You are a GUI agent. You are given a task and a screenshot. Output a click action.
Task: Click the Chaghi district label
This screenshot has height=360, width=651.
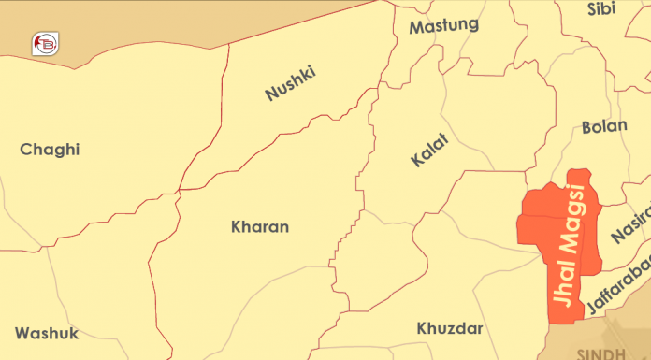pyautogui.click(x=50, y=150)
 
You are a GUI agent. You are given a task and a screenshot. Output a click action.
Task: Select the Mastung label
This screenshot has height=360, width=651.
pyautogui.click(x=443, y=25)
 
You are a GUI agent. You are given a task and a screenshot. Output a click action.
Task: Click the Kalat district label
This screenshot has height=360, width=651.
pyautogui.click(x=429, y=151)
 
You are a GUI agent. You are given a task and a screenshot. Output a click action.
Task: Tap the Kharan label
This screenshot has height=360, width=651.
pyautogui.click(x=260, y=226)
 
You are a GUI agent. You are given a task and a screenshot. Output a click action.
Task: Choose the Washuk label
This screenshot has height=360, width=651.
pyautogui.click(x=47, y=333)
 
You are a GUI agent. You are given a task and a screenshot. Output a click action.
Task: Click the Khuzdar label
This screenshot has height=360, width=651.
pyautogui.click(x=450, y=328)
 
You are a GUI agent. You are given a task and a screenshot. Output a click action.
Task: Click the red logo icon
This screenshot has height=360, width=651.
pyautogui.click(x=44, y=43)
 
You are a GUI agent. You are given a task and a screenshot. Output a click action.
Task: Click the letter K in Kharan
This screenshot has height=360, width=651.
pyautogui.click(x=236, y=226)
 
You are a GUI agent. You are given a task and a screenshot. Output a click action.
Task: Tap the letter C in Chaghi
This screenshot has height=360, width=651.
pyautogui.click(x=26, y=150)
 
